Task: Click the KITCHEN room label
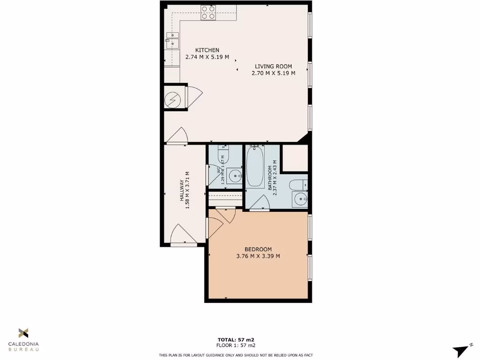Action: [x=207, y=50]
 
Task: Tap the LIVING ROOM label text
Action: [x=273, y=66]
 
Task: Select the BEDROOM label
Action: [x=258, y=249]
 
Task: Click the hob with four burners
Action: [x=208, y=12]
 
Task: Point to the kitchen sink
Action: [x=172, y=40]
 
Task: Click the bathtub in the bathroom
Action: [x=255, y=167]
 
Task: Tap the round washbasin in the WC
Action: [x=234, y=177]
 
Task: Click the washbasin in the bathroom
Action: [x=299, y=200]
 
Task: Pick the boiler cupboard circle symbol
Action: [x=172, y=98]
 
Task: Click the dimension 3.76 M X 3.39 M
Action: [x=258, y=256]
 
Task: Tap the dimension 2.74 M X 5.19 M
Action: [x=207, y=57]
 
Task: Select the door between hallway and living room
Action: [x=178, y=136]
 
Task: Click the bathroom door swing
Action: [x=259, y=202]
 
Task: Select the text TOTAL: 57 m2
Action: [x=236, y=339]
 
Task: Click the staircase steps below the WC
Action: [x=225, y=198]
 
